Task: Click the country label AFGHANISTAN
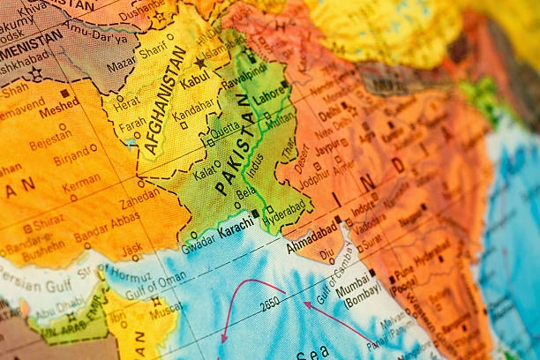(165, 101)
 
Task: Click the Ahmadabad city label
(311, 232)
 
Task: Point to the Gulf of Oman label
(158, 285)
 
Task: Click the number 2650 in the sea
(270, 304)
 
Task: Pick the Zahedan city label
(140, 195)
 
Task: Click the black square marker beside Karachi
(256, 214)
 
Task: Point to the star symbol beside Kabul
(201, 64)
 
